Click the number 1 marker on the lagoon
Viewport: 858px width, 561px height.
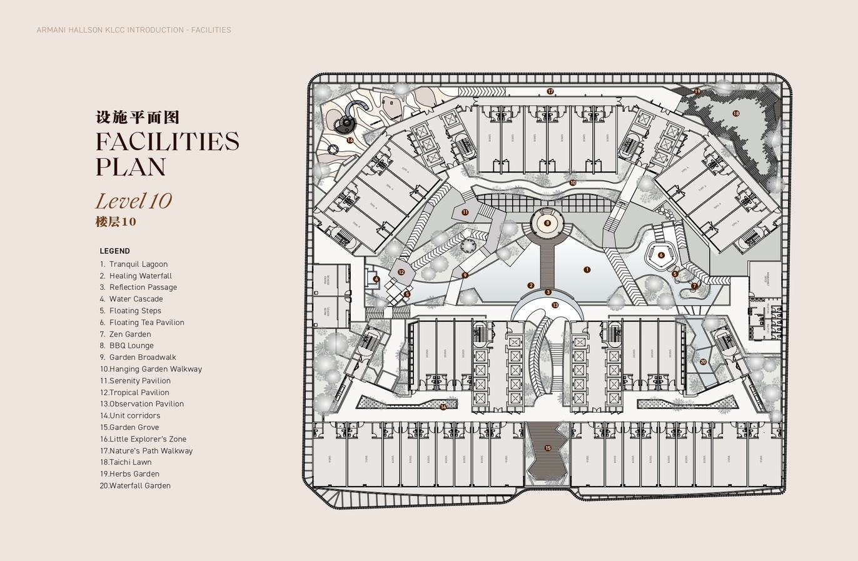587,270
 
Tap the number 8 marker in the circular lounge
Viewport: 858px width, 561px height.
547,223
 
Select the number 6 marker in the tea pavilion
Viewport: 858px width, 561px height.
661,255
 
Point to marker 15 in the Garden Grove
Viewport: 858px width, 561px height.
548,448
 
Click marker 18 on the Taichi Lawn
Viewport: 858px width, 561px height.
736,113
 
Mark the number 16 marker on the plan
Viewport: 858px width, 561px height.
350,141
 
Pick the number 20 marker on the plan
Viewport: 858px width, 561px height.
703,361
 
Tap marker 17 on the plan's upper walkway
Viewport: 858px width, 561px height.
550,91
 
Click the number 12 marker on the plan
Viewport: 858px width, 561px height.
401,272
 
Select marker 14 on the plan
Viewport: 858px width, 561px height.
443,407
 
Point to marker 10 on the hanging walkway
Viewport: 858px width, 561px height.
573,183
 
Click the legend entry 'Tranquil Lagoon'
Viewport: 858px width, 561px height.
138,264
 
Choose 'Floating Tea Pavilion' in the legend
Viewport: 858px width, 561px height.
146,322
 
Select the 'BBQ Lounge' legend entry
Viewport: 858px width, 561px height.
131,345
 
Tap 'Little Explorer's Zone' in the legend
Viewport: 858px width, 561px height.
148,439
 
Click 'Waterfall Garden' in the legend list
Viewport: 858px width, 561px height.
139,485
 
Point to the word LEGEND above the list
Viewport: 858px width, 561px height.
115,251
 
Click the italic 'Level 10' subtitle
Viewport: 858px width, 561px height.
133,201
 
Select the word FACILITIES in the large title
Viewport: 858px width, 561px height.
168,141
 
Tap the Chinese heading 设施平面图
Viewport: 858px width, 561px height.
138,117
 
